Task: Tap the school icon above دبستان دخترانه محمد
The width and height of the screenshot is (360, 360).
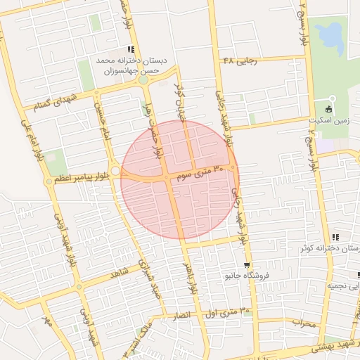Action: pos(130,49)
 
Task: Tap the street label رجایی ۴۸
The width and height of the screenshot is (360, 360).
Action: pos(240,61)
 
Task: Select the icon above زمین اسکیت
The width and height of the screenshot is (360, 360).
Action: pos(330,108)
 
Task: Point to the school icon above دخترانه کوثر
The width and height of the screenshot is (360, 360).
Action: pos(335,237)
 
